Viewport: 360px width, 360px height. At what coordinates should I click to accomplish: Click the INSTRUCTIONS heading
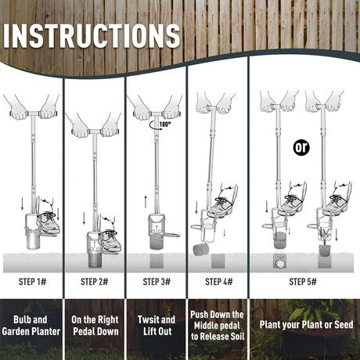92,36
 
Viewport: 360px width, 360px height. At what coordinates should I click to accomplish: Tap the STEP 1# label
32,282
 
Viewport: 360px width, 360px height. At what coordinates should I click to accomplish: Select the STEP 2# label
94,282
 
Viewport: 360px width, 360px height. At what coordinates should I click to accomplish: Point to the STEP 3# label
157,282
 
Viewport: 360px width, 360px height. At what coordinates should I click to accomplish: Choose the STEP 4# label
218,282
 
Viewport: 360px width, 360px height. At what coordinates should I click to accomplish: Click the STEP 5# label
303,282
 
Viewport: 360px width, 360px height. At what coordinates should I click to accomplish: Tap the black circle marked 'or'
301,148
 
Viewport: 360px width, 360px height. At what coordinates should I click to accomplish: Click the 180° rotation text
165,124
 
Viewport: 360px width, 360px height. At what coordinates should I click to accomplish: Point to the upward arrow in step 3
146,201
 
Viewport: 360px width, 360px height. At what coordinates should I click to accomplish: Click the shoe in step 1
49,222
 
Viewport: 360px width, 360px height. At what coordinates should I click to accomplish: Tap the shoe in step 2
110,240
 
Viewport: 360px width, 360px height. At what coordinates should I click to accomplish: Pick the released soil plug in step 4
201,249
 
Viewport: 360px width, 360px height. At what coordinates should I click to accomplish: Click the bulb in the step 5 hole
280,263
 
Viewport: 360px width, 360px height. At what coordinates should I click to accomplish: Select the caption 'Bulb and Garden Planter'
31,326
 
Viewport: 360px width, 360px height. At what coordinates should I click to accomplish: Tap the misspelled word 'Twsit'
147,319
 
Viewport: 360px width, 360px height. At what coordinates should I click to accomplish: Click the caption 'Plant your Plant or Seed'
306,325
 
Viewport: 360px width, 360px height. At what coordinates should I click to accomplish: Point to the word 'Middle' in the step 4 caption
207,326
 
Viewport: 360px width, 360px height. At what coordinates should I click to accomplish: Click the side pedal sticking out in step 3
172,236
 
